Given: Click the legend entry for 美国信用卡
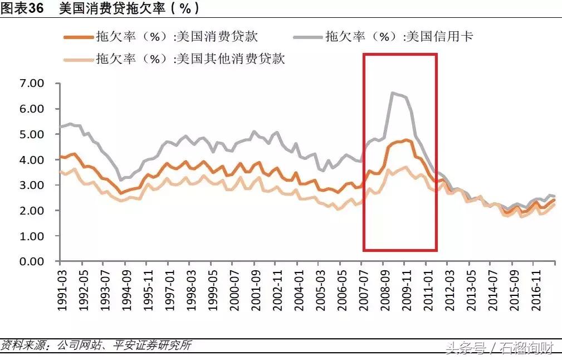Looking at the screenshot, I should tap(399, 37).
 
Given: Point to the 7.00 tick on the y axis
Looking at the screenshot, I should tap(32, 84).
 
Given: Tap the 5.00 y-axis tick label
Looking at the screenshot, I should tap(32, 134).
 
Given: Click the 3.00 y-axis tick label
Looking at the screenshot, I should tap(32, 186).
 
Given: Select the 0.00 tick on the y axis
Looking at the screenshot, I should tap(32, 261).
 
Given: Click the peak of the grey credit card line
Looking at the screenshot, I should tap(393, 93).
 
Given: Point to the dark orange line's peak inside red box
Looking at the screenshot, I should tap(407, 140).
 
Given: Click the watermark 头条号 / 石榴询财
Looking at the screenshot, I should tap(498, 348).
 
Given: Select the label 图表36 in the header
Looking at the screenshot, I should tap(22, 8).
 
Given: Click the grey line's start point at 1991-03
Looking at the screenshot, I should tap(60, 127).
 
